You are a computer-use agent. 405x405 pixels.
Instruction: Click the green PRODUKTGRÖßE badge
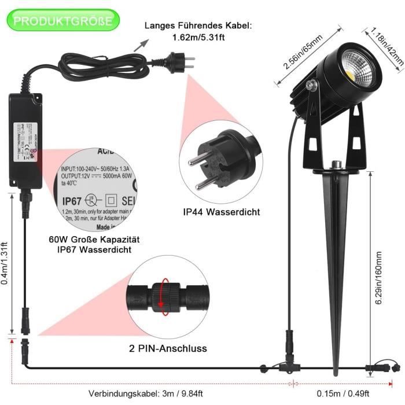click(x=64, y=21)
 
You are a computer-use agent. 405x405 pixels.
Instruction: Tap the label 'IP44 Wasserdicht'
click(x=221, y=212)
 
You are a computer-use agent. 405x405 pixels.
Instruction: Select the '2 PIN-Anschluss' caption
click(x=168, y=348)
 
